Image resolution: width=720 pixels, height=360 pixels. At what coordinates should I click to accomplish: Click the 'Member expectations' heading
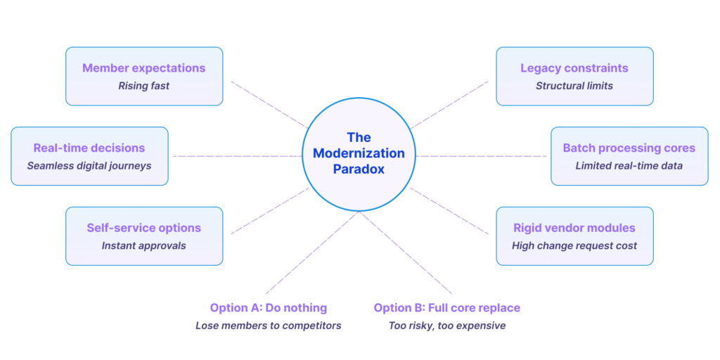pos(143,68)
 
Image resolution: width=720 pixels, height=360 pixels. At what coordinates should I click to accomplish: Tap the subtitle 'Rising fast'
pos(143,86)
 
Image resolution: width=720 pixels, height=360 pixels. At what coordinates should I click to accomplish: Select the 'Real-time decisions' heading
pos(89,148)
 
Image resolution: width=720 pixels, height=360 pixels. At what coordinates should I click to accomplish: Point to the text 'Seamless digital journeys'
pos(89,166)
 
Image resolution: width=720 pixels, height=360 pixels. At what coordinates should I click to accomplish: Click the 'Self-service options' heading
pos(143,228)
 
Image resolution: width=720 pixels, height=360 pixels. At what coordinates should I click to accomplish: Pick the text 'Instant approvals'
pos(143,246)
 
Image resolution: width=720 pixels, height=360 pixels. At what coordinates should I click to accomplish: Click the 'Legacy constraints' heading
pos(574,68)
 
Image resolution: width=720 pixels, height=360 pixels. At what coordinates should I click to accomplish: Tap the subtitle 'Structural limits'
pos(574,86)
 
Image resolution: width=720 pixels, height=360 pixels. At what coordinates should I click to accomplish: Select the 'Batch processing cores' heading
pos(629,148)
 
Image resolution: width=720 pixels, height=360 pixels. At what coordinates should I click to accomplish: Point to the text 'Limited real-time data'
pos(629,166)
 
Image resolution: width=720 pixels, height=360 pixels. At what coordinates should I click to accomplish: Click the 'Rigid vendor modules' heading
pos(574,228)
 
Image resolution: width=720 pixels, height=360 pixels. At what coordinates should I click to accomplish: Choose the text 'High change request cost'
pos(574,246)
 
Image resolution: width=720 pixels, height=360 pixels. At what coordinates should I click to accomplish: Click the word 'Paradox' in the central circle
pos(359,169)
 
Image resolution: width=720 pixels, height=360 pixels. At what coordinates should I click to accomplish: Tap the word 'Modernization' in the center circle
pos(359,153)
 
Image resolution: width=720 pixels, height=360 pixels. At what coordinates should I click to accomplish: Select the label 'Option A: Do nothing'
pos(268,308)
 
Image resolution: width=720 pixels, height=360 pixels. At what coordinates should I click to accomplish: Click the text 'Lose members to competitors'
pos(268,326)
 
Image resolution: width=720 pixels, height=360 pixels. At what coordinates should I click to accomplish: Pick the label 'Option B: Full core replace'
pos(447,308)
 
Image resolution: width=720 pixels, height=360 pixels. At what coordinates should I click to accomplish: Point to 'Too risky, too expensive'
pos(447,326)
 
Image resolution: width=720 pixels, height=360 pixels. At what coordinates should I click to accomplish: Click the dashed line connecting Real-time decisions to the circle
pos(236,156)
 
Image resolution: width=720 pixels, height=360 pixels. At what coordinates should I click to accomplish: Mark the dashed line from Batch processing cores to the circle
pos(482,156)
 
